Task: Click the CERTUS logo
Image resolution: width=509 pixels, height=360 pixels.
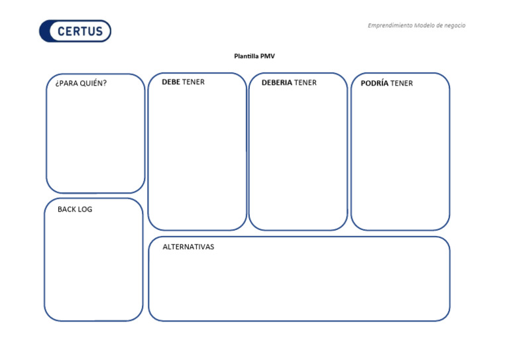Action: (75, 31)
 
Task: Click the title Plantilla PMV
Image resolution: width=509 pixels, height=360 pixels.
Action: (254, 56)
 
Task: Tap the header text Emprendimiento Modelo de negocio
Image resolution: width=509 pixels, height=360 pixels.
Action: (416, 26)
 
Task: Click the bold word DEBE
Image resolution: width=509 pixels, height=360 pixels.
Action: (171, 82)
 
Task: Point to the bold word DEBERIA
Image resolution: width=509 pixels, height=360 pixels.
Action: (276, 83)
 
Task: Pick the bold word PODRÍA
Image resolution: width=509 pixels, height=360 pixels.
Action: (374, 84)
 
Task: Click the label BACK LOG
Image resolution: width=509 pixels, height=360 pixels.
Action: (75, 210)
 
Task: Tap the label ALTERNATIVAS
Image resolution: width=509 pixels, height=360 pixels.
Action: (188, 247)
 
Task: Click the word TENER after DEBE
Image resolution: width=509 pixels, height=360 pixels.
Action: (194, 82)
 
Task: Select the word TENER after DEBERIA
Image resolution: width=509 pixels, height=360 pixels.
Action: (306, 83)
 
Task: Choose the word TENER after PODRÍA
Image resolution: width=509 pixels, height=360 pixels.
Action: (402, 84)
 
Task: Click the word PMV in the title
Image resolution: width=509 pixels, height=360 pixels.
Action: (268, 56)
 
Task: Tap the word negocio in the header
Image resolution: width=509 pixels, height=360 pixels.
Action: (455, 26)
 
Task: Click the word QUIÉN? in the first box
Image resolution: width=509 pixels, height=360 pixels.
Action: (93, 84)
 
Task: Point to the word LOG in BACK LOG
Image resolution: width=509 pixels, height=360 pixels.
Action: (85, 210)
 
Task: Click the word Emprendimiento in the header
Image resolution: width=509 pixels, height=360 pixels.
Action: (390, 26)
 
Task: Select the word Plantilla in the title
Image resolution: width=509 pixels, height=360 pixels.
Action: (247, 56)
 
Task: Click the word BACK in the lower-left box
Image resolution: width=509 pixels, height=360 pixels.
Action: (67, 210)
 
